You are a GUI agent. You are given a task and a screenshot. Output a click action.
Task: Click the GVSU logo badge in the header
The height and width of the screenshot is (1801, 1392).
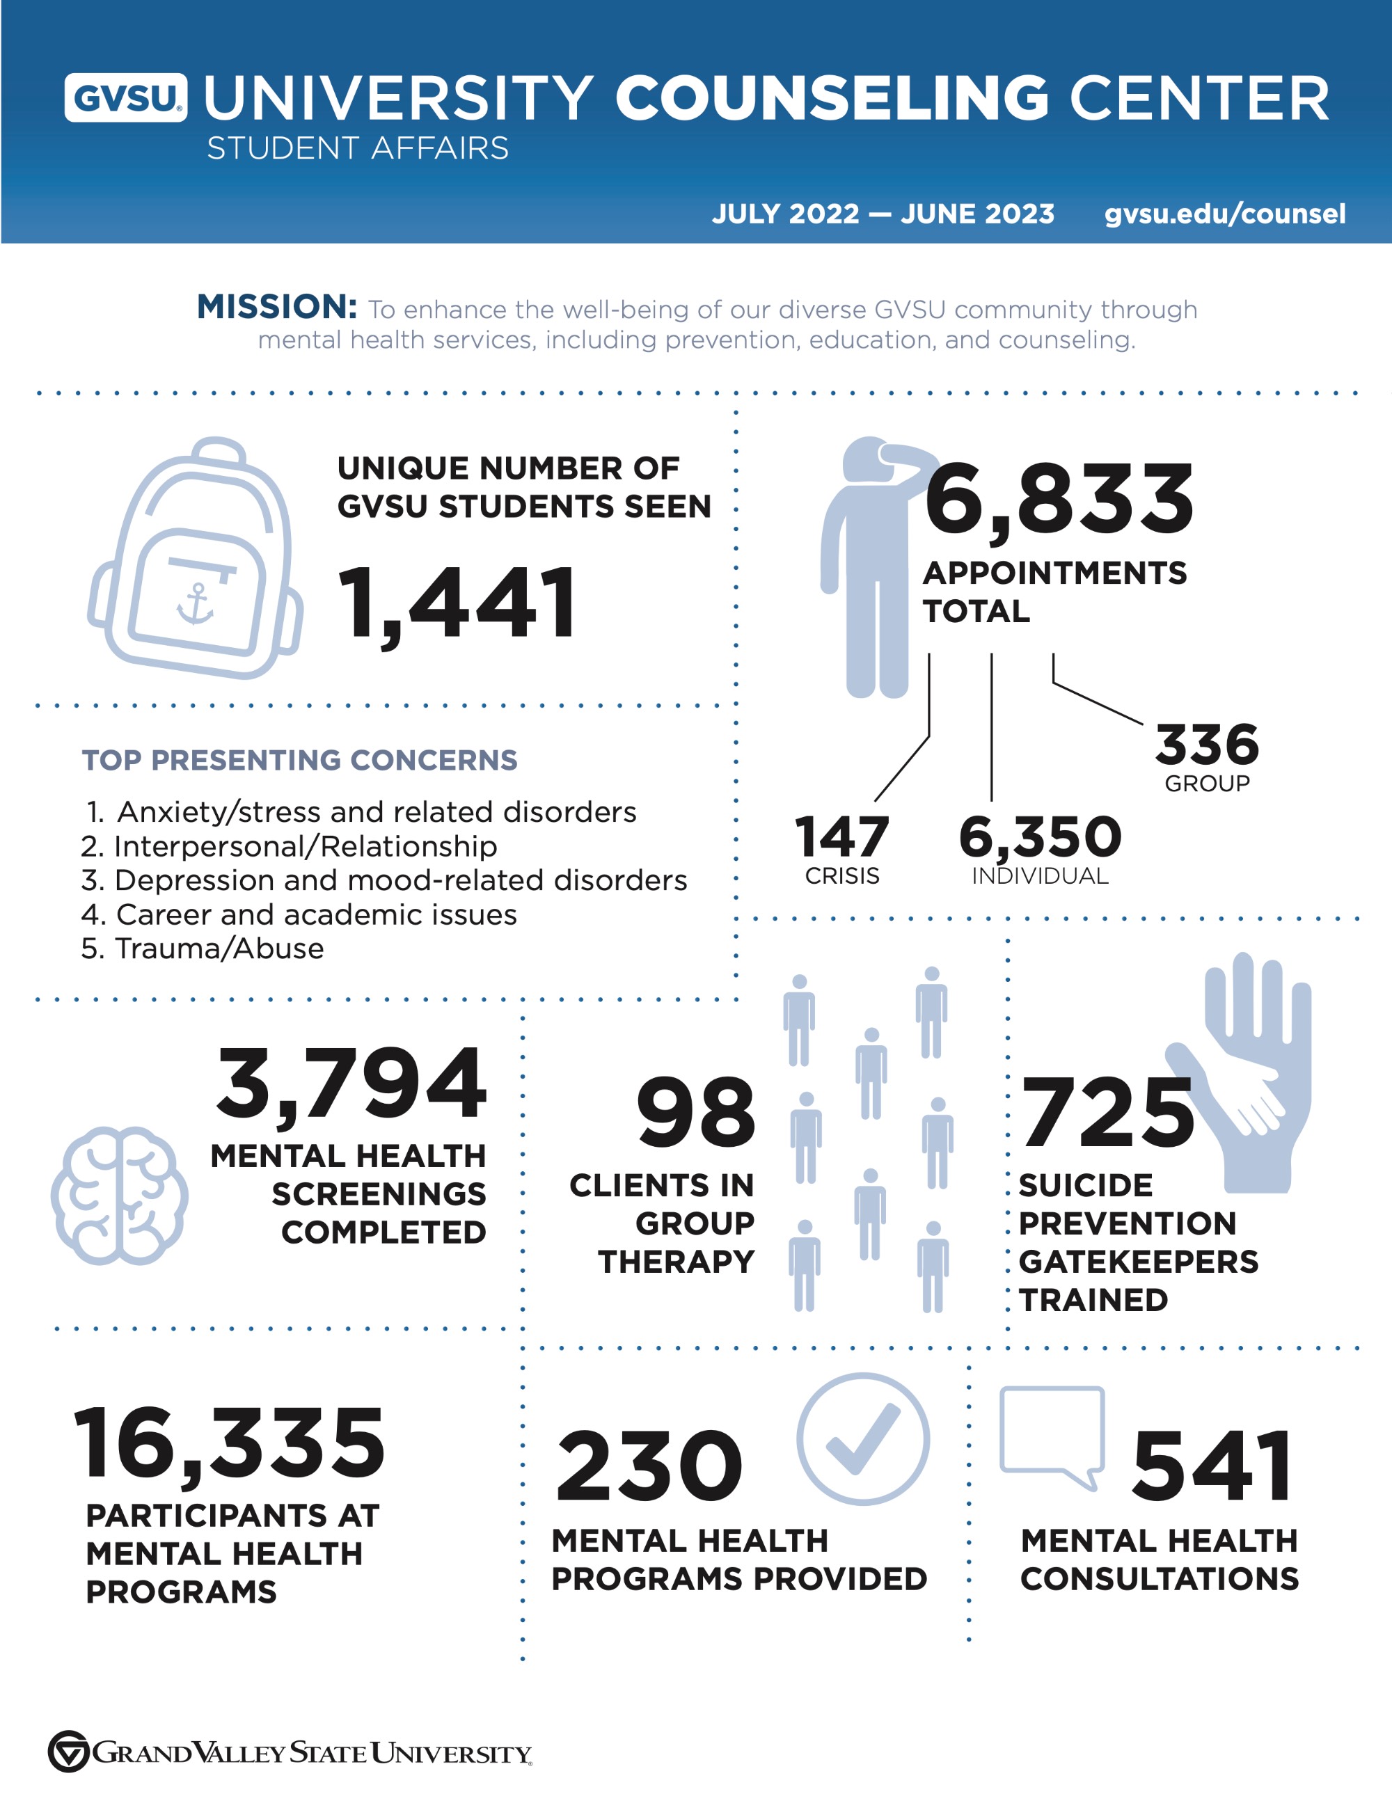pyautogui.click(x=125, y=98)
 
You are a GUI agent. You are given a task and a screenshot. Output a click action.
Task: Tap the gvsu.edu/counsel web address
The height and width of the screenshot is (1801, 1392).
pyautogui.click(x=1224, y=214)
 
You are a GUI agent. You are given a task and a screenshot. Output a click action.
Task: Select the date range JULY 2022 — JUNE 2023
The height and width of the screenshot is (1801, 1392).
pyautogui.click(x=883, y=214)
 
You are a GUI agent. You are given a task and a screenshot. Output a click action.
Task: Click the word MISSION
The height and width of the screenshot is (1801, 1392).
pyautogui.click(x=276, y=307)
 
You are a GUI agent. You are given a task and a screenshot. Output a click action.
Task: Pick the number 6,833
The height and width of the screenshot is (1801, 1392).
pyautogui.click(x=1059, y=500)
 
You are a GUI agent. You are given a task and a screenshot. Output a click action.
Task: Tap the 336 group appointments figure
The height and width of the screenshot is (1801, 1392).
pyautogui.click(x=1206, y=745)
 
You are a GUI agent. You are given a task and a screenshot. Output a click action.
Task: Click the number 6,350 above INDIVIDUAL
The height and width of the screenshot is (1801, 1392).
pyautogui.click(x=1040, y=837)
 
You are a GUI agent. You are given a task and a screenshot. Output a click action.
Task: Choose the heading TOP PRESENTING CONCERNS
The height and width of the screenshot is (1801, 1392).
pyautogui.click(x=299, y=761)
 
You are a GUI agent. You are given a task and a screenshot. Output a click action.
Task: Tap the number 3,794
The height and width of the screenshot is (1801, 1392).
pyautogui.click(x=351, y=1084)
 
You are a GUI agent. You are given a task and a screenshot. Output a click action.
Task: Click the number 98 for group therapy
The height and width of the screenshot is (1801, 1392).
pyautogui.click(x=695, y=1113)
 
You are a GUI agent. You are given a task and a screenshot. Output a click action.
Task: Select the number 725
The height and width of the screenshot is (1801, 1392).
pyautogui.click(x=1107, y=1113)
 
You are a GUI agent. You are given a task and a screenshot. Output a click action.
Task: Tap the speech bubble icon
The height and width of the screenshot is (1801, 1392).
pyautogui.click(x=1052, y=1436)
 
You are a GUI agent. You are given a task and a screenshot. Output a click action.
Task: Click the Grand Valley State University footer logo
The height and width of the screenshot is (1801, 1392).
pyautogui.click(x=290, y=1752)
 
